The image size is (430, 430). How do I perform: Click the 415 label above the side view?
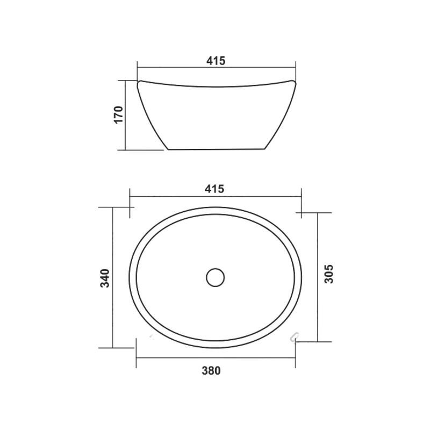pos(216,61)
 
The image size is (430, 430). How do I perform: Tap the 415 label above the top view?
pos(214,189)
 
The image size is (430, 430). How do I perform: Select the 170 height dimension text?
pos(119,114)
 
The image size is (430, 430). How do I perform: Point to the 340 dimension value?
pos(105,278)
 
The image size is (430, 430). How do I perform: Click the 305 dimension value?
pos(328,274)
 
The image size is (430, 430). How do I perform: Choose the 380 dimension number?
pos(211,371)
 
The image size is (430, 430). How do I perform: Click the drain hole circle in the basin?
pos(216,277)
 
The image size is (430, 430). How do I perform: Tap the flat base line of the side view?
pos(217,149)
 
